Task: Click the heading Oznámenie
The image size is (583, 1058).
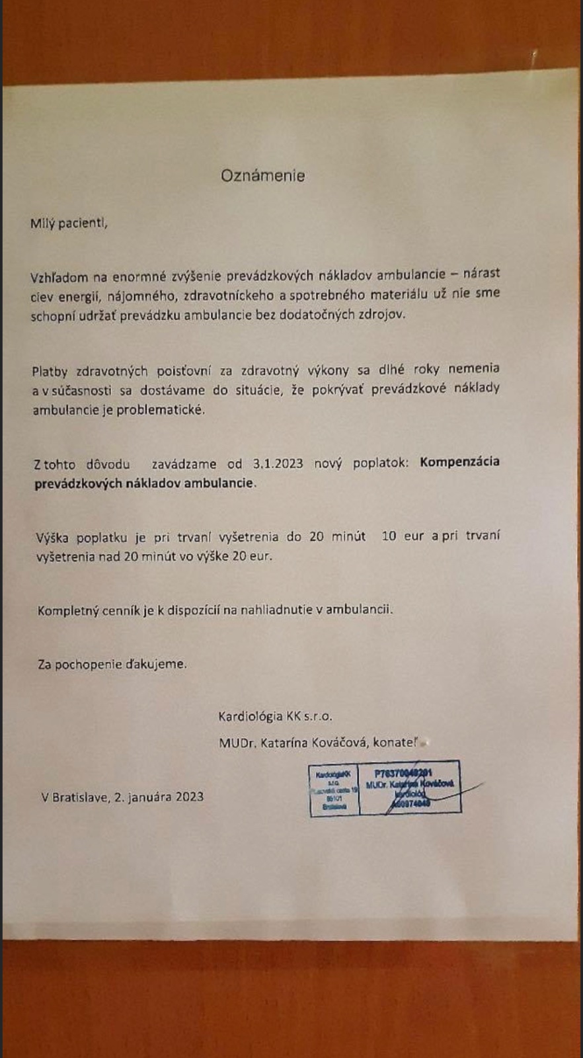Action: tap(262, 176)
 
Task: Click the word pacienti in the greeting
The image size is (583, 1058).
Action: tap(83, 224)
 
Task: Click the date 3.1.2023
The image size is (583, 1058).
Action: tap(278, 464)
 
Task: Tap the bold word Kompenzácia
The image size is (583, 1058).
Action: tap(459, 462)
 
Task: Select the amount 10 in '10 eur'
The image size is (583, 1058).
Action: tap(389, 536)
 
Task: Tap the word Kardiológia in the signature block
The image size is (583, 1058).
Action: tap(251, 716)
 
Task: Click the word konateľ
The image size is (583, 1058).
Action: tap(395, 743)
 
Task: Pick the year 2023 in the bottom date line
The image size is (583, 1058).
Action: tap(190, 797)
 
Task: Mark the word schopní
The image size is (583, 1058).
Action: tap(52, 316)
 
